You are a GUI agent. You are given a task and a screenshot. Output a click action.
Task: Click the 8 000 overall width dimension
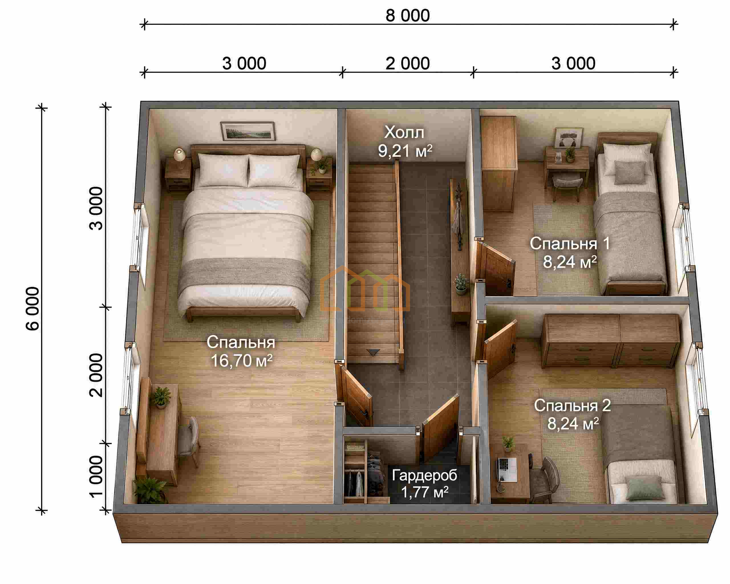click(408, 16)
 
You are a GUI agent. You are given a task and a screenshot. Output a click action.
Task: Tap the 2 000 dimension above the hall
click(408, 64)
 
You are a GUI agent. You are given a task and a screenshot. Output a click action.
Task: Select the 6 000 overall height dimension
click(33, 309)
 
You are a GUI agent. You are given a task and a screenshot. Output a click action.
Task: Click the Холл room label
click(404, 132)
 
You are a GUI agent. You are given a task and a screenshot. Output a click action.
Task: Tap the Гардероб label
click(424, 476)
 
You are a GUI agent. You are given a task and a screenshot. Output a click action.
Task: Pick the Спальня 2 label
click(573, 405)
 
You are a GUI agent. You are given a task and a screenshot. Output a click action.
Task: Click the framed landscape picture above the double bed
click(248, 131)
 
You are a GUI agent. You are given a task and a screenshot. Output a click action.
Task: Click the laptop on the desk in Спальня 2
click(507, 470)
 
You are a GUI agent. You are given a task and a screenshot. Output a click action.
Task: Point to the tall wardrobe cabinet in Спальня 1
click(498, 164)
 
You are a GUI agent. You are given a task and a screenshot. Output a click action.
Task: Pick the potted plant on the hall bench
click(461, 283)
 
